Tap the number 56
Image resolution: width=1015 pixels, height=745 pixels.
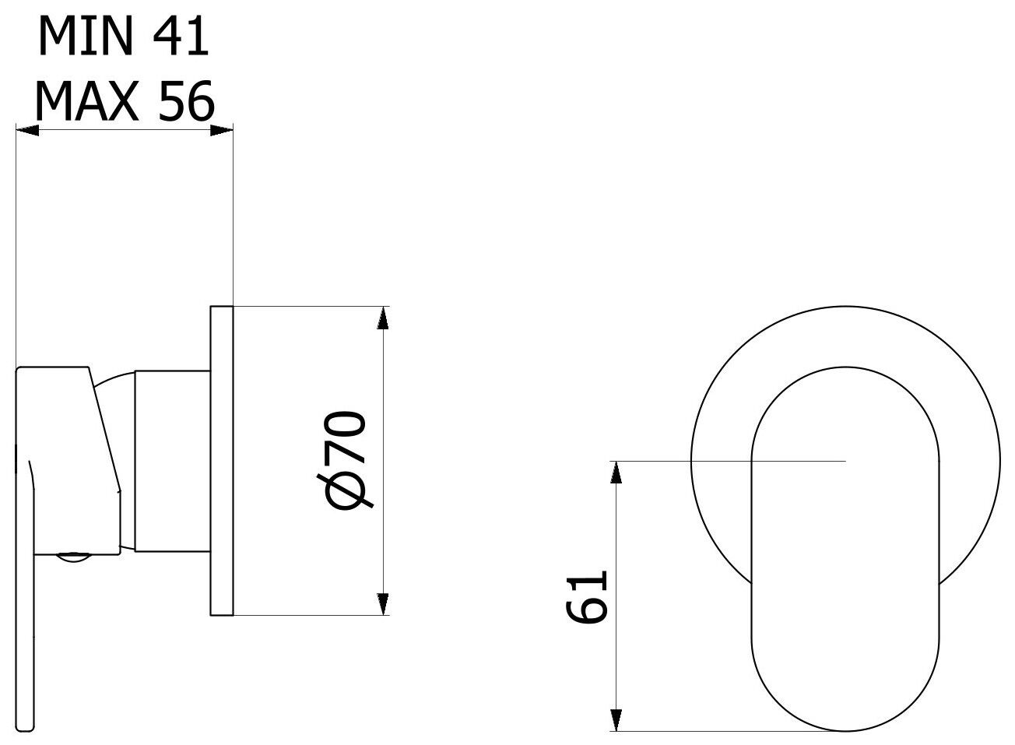(x=185, y=100)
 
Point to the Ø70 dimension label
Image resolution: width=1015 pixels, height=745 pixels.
(x=348, y=461)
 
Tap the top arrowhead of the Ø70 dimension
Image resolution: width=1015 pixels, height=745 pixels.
(x=381, y=318)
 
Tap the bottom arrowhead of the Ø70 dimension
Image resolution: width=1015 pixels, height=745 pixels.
(x=381, y=604)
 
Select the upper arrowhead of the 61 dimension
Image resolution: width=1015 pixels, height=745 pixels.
(x=616, y=473)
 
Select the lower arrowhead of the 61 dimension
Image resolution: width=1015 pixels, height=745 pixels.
(x=616, y=720)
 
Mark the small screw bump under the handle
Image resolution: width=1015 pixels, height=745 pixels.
(x=75, y=557)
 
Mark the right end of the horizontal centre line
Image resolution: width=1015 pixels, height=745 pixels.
(x=844, y=462)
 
